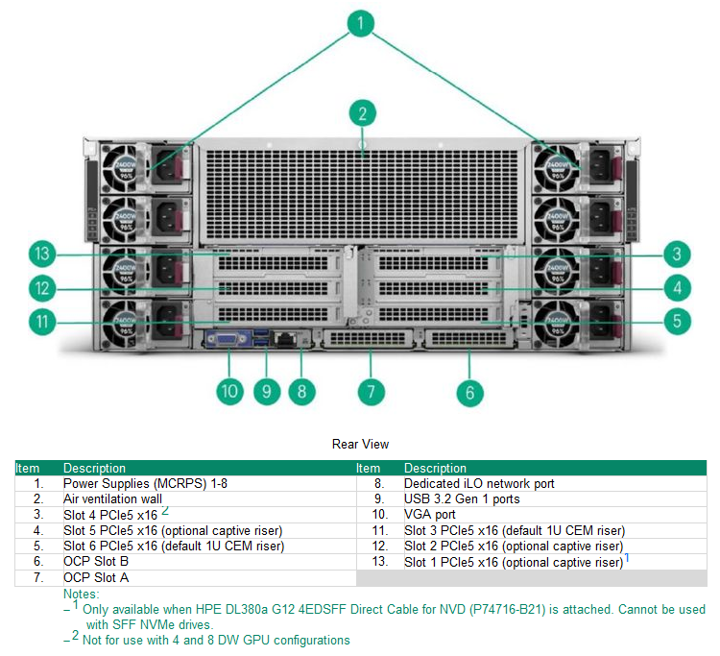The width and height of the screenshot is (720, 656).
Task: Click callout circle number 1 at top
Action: point(360,24)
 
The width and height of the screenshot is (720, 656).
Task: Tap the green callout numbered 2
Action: point(362,113)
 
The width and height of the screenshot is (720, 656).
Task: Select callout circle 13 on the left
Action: point(40,255)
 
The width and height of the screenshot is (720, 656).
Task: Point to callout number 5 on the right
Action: point(678,320)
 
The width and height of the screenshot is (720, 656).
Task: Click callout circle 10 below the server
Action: point(230,391)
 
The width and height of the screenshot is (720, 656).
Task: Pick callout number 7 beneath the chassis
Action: point(371,391)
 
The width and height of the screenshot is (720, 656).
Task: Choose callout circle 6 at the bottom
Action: point(469,391)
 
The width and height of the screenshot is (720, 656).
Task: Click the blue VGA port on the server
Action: point(228,339)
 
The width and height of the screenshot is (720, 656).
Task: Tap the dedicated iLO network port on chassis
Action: point(285,339)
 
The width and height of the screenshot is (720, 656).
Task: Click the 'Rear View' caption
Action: point(360,444)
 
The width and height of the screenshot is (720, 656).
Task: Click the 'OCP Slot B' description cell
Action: point(96,561)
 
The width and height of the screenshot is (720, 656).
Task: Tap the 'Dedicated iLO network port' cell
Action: point(479,483)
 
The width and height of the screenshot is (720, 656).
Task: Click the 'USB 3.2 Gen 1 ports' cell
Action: point(462,498)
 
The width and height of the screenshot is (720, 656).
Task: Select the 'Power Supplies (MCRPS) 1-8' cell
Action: point(145,483)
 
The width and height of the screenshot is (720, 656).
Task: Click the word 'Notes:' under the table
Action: point(82,594)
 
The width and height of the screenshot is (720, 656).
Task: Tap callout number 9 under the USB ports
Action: point(268,391)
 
